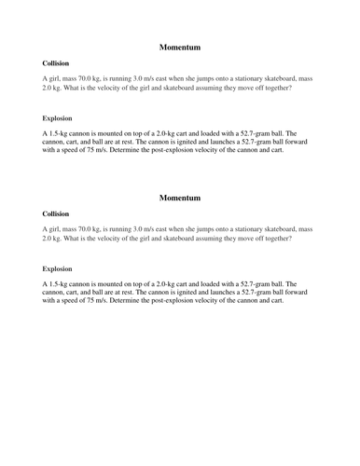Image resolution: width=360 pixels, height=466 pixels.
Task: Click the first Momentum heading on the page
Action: [x=180, y=47]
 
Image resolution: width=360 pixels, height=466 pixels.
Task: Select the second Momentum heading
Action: [x=180, y=198]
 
